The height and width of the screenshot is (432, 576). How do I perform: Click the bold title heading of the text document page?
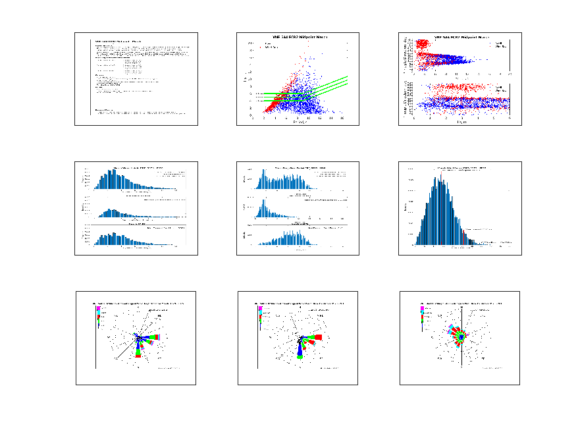tap(118, 41)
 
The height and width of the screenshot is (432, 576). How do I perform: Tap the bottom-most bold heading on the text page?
tap(103, 110)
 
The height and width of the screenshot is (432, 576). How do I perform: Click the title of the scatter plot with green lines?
tap(298, 36)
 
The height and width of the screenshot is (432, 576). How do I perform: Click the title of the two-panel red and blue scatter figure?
tap(461, 37)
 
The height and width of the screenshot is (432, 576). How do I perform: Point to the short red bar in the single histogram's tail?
tap(464, 238)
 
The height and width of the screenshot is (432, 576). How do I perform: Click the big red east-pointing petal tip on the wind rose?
tap(319, 337)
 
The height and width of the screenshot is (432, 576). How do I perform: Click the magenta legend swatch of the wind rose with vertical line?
tap(422, 308)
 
